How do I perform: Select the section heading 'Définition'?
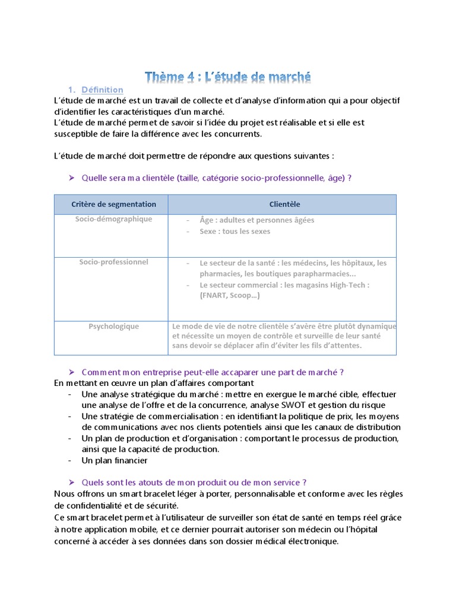[x=102, y=90]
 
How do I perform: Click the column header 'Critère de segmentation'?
[x=113, y=204]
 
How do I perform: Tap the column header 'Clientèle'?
[x=284, y=204]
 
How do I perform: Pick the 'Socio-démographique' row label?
[x=113, y=219]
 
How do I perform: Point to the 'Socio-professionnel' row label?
[x=113, y=262]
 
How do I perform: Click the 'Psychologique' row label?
[x=113, y=326]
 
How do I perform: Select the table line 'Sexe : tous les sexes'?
[x=235, y=232]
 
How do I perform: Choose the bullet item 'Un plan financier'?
[x=115, y=460]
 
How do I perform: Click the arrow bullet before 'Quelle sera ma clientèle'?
[x=71, y=178]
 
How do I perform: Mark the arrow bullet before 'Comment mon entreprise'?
[x=71, y=372]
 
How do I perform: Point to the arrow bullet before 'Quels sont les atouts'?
[x=71, y=482]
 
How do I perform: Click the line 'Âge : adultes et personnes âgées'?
[x=256, y=220]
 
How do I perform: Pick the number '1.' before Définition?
[x=72, y=90]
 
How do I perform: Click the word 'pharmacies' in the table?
[x=220, y=274]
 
